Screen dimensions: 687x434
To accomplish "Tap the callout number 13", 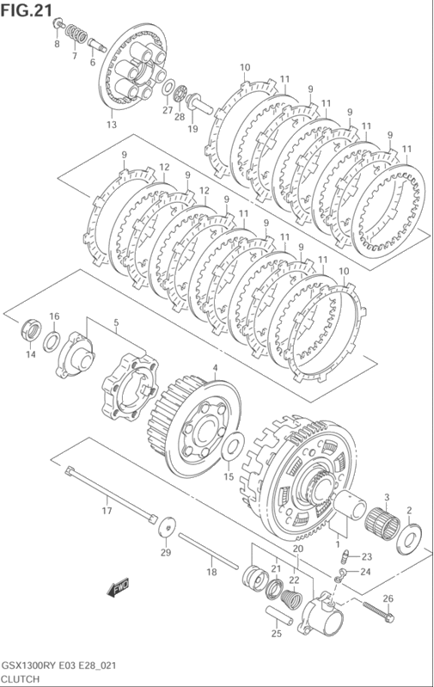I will pyautogui.click(x=111, y=126).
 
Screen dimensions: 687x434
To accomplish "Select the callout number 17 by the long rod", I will pyautogui.click(x=107, y=512).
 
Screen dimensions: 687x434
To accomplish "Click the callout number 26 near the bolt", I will pyautogui.click(x=388, y=598).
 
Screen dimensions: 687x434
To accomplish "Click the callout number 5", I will pyautogui.click(x=115, y=323).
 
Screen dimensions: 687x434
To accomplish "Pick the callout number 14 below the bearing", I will pyautogui.click(x=30, y=354).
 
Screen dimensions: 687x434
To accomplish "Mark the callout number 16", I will pyautogui.click(x=53, y=317).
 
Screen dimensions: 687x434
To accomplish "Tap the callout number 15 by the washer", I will pyautogui.click(x=229, y=476).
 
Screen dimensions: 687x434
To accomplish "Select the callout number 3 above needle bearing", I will pyautogui.click(x=387, y=498).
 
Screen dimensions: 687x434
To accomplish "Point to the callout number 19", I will pyautogui.click(x=193, y=129).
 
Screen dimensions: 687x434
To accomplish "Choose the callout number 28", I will pyautogui.click(x=179, y=117).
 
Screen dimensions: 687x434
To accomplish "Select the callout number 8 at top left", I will pyautogui.click(x=57, y=43).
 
